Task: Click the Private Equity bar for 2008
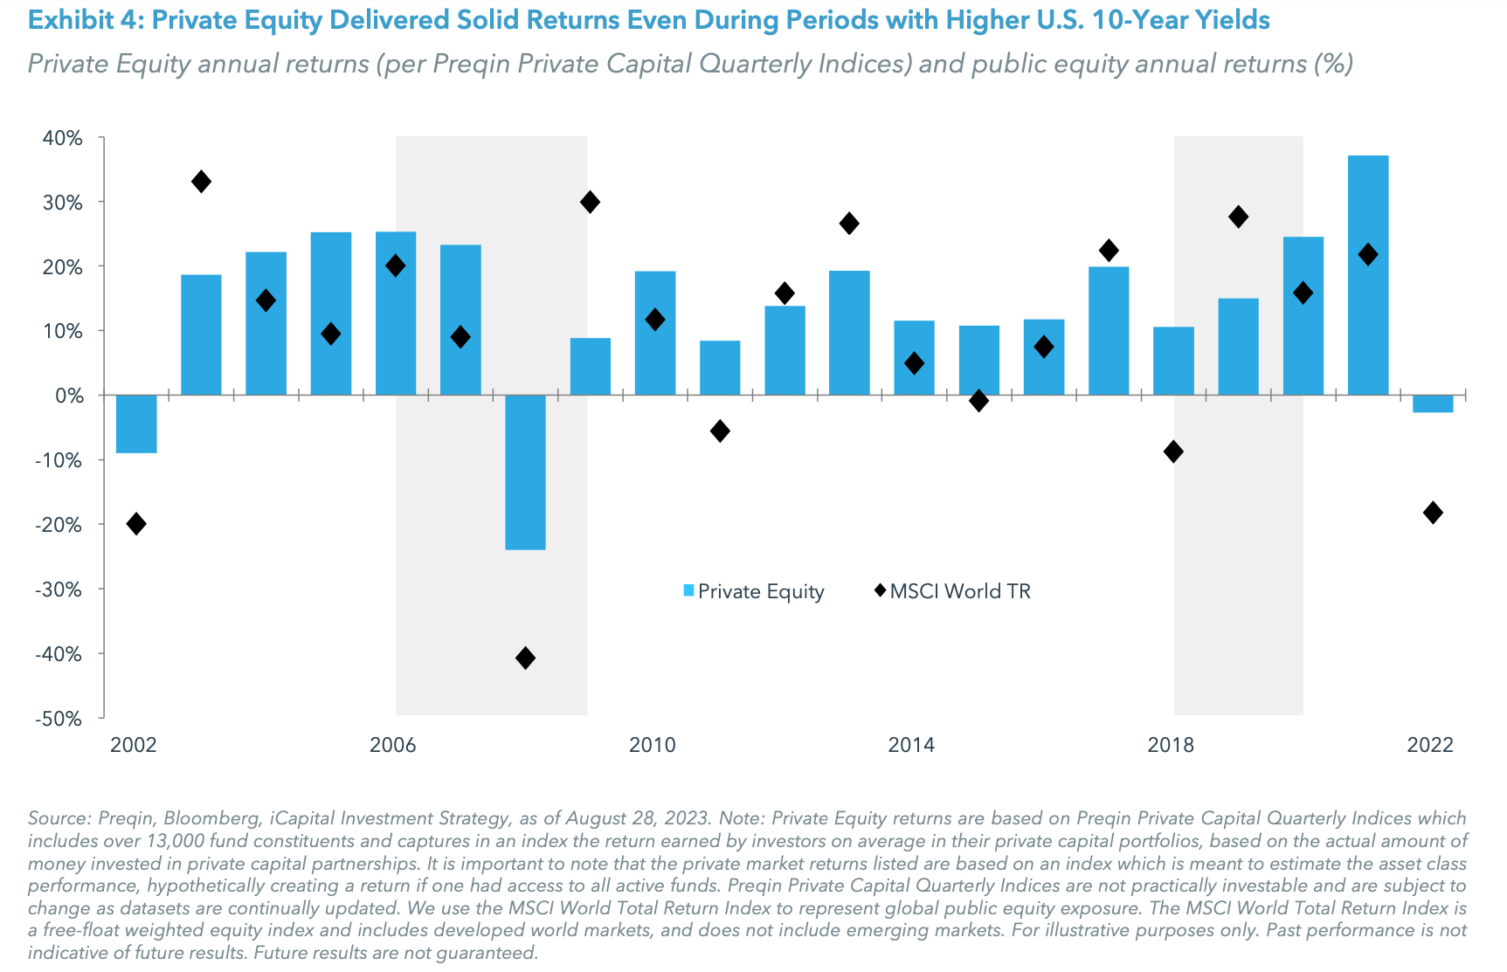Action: point(525,472)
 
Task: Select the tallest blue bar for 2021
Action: point(1367,275)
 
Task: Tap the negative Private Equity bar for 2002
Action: point(136,424)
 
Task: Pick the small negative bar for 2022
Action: point(1433,403)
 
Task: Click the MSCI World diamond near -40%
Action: point(525,658)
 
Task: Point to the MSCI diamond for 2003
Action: point(201,182)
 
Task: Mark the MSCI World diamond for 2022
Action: point(1433,513)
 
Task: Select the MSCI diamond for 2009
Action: point(590,203)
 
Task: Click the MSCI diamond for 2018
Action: point(1173,452)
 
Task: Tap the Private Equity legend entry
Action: point(753,591)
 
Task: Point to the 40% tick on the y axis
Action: point(62,138)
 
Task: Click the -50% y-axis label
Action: point(59,719)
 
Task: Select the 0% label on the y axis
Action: point(68,396)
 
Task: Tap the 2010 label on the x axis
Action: point(652,745)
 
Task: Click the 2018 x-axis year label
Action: point(1170,745)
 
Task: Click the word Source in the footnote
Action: point(58,818)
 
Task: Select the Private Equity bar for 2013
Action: point(849,333)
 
